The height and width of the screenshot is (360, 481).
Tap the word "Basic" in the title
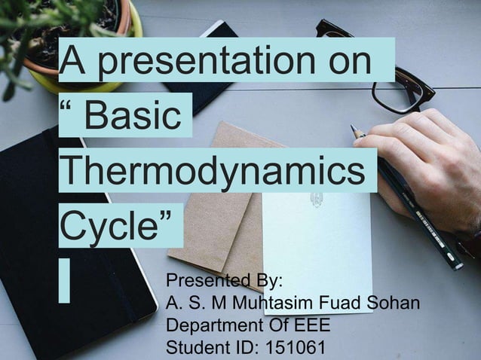tap(132, 117)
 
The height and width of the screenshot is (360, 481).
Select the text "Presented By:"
tap(223, 282)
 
